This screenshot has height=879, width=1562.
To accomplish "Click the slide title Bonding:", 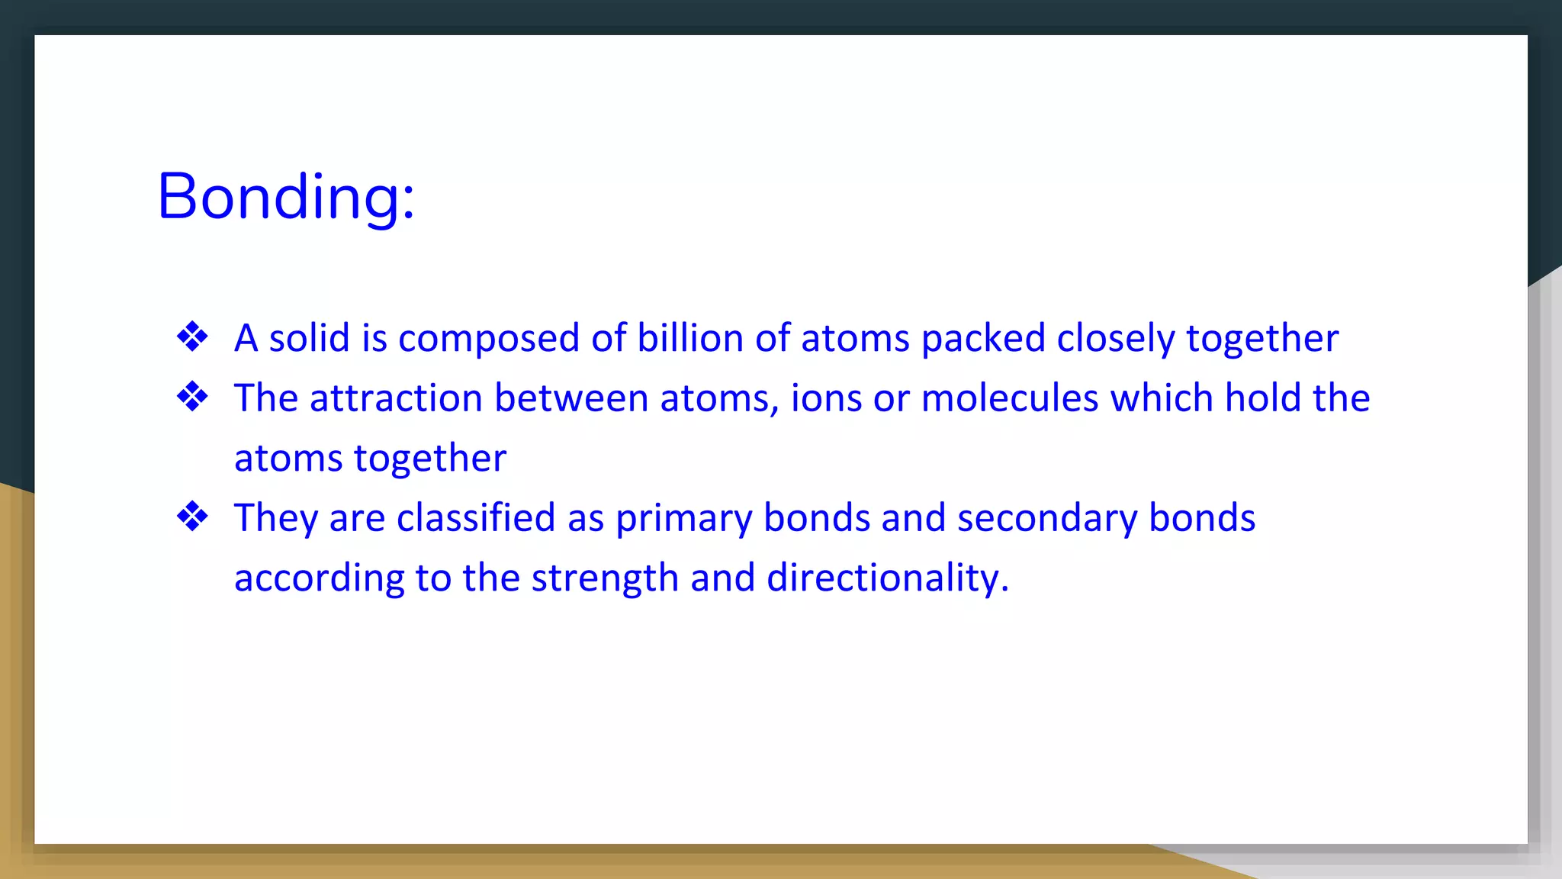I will tap(285, 197).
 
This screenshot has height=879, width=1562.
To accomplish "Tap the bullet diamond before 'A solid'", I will tap(192, 336).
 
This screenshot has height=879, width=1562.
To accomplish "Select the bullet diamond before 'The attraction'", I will tap(192, 397).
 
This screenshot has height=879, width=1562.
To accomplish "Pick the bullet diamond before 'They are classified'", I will tap(192, 517).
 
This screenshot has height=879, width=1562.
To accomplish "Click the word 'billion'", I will tap(689, 338).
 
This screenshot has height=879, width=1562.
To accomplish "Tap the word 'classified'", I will tap(476, 518).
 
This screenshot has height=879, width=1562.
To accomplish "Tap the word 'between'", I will tap(571, 398).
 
